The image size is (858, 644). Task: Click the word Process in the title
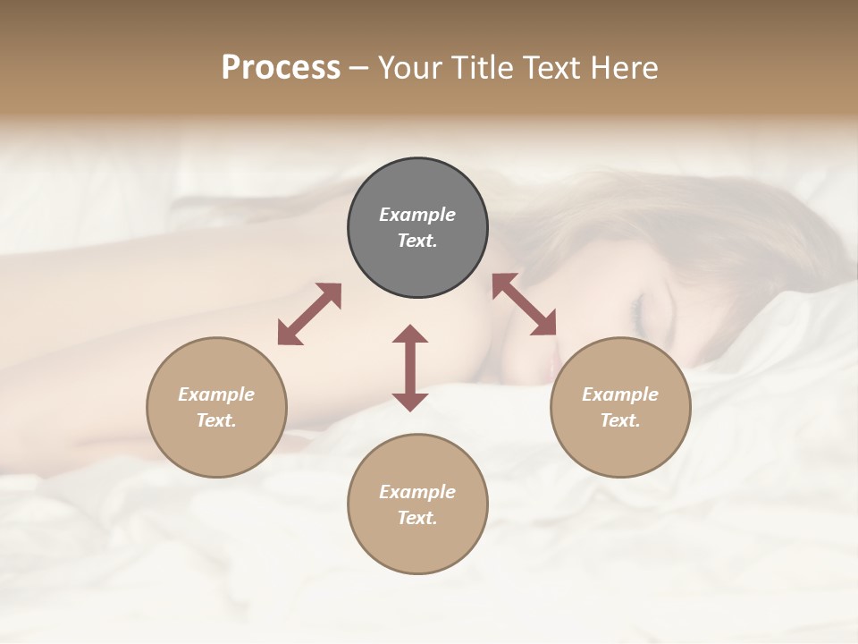(281, 68)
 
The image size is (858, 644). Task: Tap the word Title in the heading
(480, 68)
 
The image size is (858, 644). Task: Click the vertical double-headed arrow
(410, 368)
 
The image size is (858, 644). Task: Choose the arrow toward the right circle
(525, 304)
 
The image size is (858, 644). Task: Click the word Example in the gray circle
(417, 215)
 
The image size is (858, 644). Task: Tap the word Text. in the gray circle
(417, 241)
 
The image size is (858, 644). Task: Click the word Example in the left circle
(216, 394)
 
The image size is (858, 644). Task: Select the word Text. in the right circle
(620, 420)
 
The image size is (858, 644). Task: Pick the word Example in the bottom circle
(417, 492)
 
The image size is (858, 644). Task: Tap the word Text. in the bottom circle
(417, 518)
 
